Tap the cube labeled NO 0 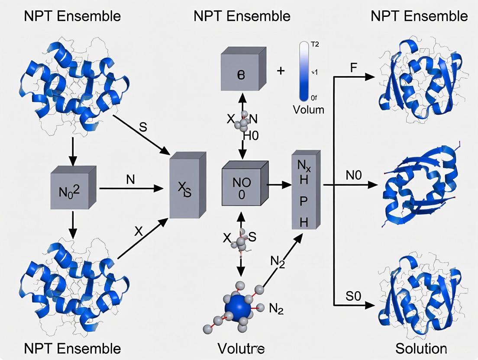(x=242, y=184)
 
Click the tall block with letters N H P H (x=305, y=190)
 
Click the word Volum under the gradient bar (x=308, y=109)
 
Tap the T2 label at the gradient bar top (x=315, y=44)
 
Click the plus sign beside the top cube (x=281, y=70)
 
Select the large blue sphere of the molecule (x=238, y=307)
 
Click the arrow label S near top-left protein (x=142, y=129)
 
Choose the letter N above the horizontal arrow (x=130, y=179)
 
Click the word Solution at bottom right (x=421, y=348)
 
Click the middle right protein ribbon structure (x=418, y=186)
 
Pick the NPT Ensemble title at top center (x=242, y=16)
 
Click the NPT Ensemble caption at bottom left (x=72, y=348)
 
